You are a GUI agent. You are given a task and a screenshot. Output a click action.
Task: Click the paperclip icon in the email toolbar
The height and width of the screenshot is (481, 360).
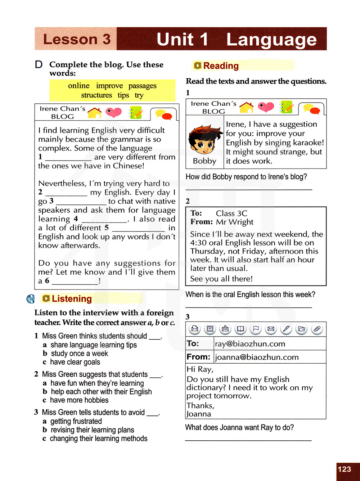pyautogui.click(x=317, y=329)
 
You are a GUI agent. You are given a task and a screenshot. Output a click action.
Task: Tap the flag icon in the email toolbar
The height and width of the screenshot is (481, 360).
pyautogui.click(x=256, y=329)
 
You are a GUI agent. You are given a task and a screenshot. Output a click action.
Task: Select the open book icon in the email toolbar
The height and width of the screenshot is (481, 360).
pyautogui.click(x=240, y=329)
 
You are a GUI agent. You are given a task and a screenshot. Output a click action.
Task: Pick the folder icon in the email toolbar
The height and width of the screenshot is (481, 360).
pyautogui.click(x=302, y=329)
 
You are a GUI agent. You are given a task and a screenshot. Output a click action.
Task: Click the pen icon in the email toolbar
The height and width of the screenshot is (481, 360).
pyautogui.click(x=286, y=329)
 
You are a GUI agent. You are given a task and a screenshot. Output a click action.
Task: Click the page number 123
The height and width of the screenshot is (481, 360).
pyautogui.click(x=345, y=469)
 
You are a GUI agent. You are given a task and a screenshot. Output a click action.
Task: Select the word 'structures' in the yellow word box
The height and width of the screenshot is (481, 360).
pyautogui.click(x=96, y=95)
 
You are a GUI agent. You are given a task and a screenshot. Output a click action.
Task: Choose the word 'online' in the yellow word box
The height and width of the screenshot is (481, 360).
pyautogui.click(x=79, y=86)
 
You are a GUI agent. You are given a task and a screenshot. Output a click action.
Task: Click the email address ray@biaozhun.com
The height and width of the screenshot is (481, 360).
pyautogui.click(x=250, y=344)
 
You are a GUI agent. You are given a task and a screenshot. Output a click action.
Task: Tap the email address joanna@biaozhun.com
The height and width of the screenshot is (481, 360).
pyautogui.click(x=257, y=357)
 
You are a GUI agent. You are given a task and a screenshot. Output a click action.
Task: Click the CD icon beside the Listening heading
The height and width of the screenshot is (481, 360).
pyautogui.click(x=31, y=299)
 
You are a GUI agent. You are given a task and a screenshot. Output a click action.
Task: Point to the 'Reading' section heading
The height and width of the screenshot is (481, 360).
pyautogui.click(x=221, y=66)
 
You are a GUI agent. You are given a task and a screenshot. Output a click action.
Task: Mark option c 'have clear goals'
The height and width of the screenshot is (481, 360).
pyautogui.click(x=75, y=362)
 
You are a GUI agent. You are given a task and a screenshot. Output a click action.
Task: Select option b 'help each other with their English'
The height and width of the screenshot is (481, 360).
pyautogui.click(x=101, y=392)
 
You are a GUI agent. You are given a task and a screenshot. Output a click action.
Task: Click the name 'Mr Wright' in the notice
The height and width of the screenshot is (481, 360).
pyautogui.click(x=234, y=222)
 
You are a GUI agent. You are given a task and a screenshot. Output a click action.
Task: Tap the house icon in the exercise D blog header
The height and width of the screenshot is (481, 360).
pyautogui.click(x=94, y=113)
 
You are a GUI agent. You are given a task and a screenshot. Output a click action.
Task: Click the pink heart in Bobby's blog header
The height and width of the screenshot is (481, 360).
pyautogui.click(x=266, y=107)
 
